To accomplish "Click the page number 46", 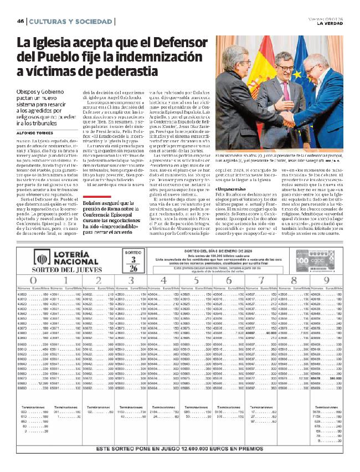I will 20,22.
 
